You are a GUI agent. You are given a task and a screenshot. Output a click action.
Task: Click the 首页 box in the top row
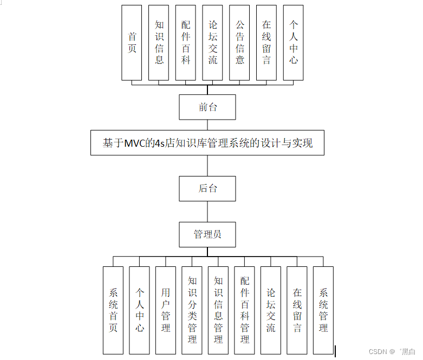coord(132,43)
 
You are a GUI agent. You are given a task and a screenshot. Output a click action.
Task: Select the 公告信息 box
coord(239,43)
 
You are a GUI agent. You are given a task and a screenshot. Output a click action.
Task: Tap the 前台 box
coord(207,107)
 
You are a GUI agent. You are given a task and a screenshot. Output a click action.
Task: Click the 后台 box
coord(207,189)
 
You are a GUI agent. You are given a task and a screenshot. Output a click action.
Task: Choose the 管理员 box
coord(207,234)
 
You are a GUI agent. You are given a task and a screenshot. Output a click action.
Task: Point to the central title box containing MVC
coord(207,143)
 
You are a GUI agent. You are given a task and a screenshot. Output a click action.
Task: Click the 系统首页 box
coord(113,310)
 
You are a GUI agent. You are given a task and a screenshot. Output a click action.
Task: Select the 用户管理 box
coord(166,310)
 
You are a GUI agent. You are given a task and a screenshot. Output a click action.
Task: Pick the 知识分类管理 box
coord(192,310)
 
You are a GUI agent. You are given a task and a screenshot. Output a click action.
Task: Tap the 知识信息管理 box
coord(218,310)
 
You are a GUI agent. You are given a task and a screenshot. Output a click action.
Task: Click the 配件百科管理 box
coord(245,310)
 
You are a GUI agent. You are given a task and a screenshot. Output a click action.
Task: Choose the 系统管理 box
coord(323,310)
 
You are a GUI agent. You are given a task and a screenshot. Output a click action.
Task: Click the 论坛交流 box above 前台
coord(213,43)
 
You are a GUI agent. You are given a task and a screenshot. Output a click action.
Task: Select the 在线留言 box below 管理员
coord(297,310)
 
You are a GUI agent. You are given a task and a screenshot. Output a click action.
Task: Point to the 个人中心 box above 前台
coord(293,43)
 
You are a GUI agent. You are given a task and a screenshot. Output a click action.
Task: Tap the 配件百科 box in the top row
coord(186,43)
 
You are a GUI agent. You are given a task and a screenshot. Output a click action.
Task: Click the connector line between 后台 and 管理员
coord(207,212)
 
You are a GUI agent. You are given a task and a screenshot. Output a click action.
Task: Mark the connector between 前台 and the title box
coord(207,125)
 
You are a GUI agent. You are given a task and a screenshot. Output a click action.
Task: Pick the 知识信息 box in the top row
coord(159,43)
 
